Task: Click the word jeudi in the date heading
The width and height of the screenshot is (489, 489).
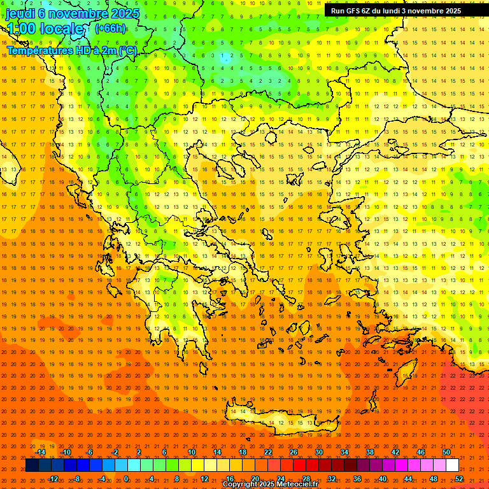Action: (20, 13)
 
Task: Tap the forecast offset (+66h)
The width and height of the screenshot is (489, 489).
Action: (110, 28)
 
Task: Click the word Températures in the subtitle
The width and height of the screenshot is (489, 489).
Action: (39, 50)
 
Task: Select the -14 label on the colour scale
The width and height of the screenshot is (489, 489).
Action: (40, 452)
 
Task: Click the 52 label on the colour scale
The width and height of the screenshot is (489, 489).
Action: (459, 479)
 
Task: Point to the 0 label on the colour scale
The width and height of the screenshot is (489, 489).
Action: (125, 479)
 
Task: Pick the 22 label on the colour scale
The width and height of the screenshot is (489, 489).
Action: (268, 452)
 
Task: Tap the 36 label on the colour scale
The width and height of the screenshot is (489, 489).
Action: (357, 479)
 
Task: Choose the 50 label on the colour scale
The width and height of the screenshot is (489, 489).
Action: (446, 452)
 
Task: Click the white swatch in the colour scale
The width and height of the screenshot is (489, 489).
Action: (453, 465)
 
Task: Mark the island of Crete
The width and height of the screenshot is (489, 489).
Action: (274, 420)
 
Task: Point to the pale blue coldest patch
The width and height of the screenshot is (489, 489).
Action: (226, 57)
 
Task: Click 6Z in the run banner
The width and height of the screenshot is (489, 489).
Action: (372, 11)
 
